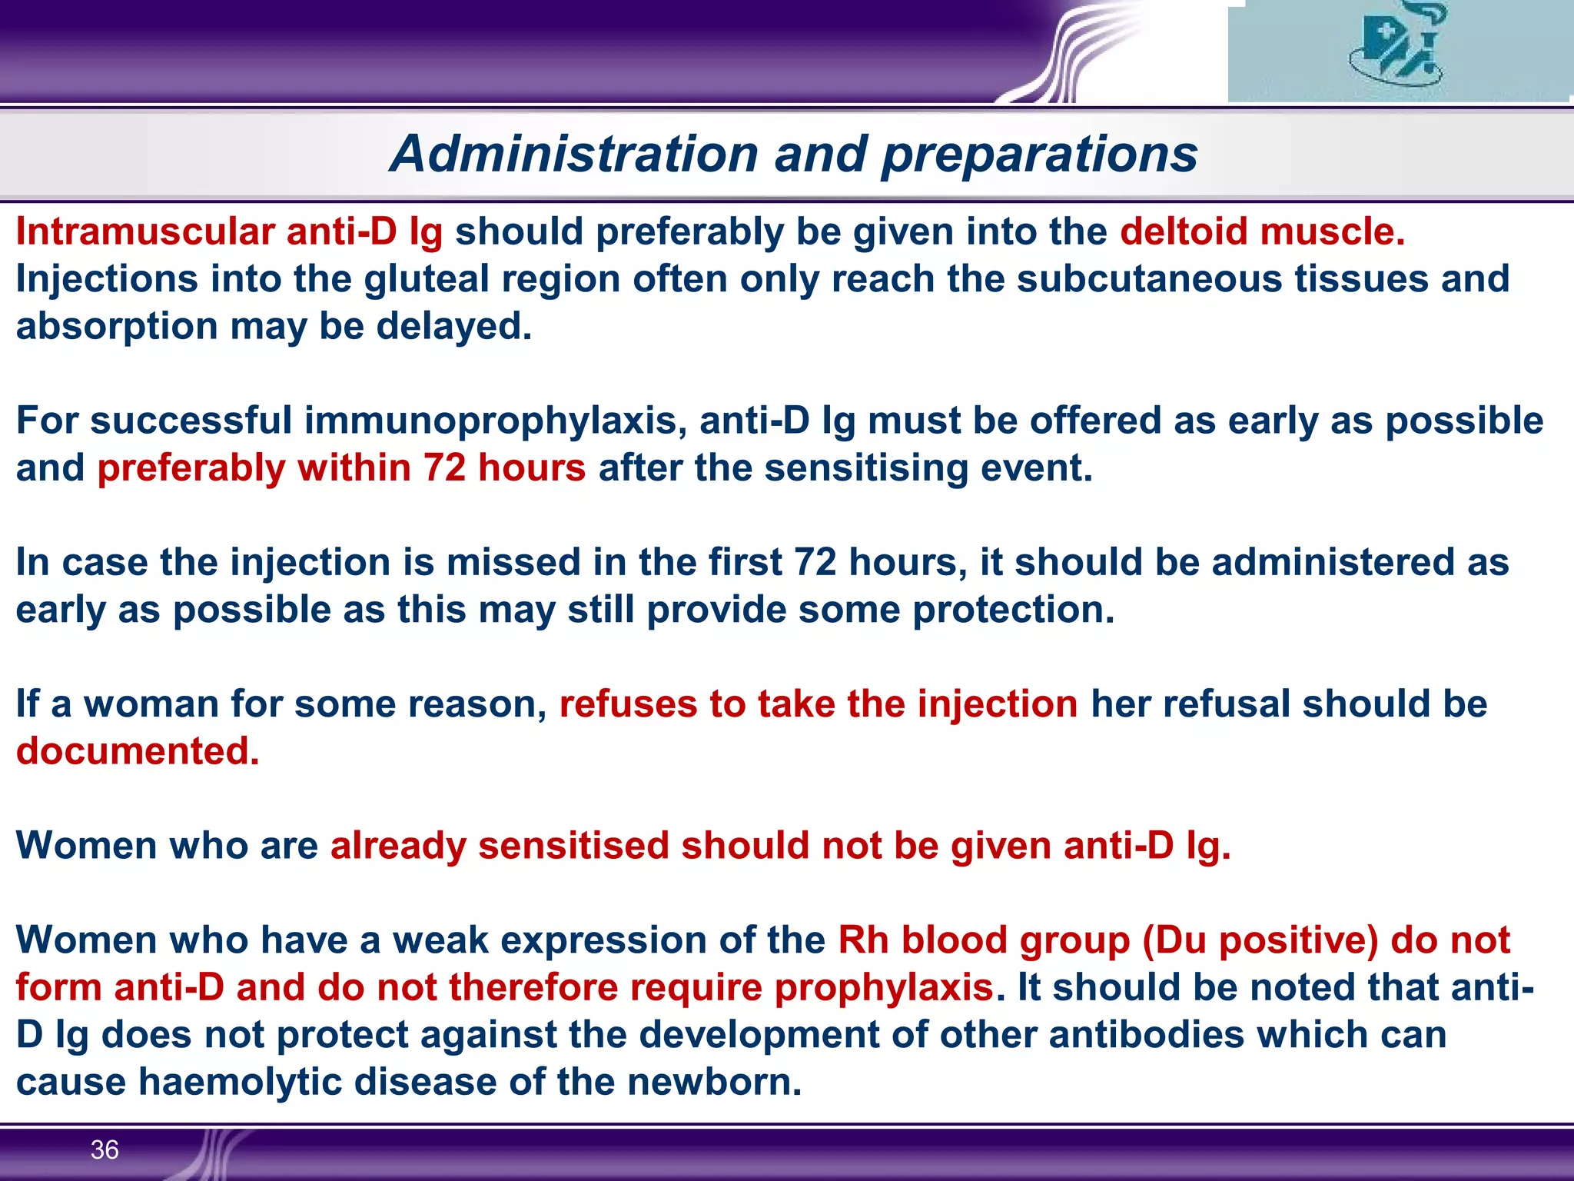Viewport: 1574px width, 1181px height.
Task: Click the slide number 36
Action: pyautogui.click(x=105, y=1149)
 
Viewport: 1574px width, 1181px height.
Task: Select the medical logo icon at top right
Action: pyautogui.click(x=1396, y=48)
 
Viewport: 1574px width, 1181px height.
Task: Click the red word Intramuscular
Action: pyautogui.click(x=145, y=231)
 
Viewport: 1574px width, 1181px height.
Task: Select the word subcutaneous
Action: pyautogui.click(x=1149, y=278)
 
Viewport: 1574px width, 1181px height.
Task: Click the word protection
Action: pyautogui.click(x=1013, y=610)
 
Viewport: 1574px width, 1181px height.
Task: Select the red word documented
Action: pyautogui.click(x=137, y=751)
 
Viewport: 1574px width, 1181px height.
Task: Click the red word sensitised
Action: pyautogui.click(x=573, y=846)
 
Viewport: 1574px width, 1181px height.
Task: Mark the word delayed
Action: pyautogui.click(x=453, y=326)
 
